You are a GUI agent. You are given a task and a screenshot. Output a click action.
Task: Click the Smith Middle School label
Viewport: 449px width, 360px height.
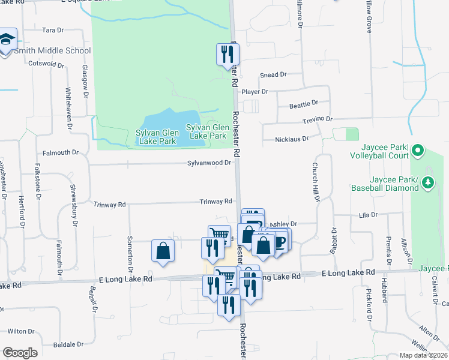(x=52, y=51)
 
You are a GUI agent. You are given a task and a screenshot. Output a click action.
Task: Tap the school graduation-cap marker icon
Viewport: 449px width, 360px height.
(x=7, y=40)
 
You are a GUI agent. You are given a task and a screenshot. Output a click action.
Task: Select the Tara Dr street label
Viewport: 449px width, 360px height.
(x=53, y=29)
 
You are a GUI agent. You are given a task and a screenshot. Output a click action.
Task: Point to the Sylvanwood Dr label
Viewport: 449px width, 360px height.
(x=209, y=163)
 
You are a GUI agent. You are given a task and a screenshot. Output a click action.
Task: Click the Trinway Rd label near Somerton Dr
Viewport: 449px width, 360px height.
(x=110, y=205)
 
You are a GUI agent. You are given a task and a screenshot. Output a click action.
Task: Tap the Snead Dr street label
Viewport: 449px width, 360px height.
(x=273, y=75)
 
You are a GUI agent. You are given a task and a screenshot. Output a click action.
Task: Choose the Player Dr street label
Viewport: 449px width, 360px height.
(x=255, y=92)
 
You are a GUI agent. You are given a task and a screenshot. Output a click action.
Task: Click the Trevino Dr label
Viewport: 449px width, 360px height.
(x=317, y=120)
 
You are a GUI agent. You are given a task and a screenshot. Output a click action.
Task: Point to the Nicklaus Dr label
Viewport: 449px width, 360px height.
(x=291, y=139)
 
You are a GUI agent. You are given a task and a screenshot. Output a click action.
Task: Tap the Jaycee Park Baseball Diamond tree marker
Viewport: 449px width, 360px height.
(x=428, y=182)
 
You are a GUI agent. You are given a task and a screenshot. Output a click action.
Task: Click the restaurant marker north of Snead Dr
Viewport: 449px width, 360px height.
(x=225, y=54)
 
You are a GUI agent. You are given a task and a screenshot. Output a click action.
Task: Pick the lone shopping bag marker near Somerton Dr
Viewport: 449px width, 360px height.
(x=163, y=251)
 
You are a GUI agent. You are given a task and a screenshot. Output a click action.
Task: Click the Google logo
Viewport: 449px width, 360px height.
(x=20, y=353)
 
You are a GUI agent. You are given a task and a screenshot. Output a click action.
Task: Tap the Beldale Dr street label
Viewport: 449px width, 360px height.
(x=68, y=344)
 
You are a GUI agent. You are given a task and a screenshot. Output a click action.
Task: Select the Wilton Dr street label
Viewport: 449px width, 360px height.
(x=21, y=331)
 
